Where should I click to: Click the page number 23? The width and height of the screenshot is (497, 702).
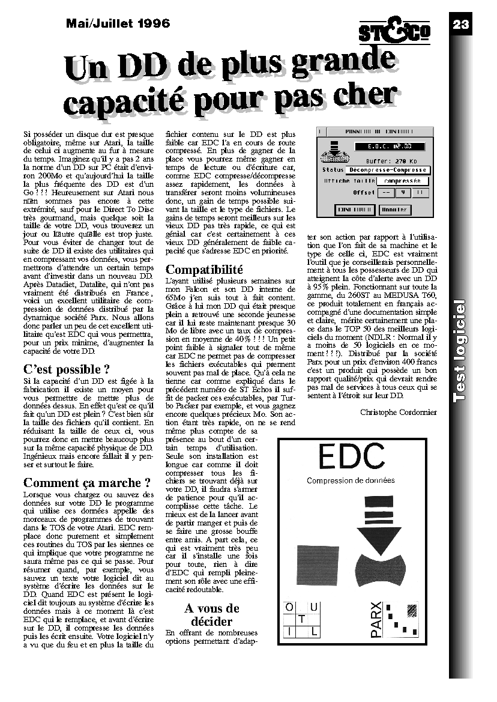coord(460,24)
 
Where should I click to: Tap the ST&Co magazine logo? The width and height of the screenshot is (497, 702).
coord(395,30)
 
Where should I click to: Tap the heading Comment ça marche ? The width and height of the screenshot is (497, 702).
coord(86,483)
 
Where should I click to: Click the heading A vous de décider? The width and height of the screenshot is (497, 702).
coord(212,615)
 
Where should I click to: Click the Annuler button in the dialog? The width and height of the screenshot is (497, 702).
coord(395,210)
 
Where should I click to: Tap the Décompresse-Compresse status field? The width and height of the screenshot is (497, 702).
coord(387,170)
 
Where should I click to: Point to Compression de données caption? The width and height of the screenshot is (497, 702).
coord(351,480)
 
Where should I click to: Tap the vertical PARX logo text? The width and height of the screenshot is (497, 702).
coord(376,619)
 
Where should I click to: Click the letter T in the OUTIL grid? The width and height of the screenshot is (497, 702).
coord(303,619)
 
